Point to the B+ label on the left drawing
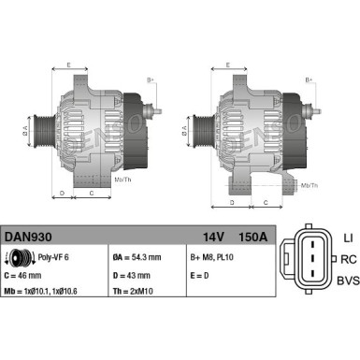pyautogui.click(x=150, y=80)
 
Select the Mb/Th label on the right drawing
pyautogui.click(x=310, y=186)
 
